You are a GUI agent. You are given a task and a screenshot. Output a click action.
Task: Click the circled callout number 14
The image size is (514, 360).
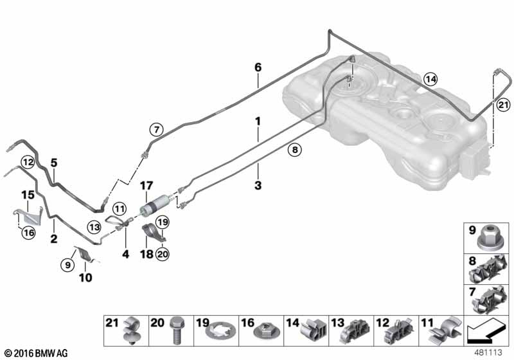coord(430,79)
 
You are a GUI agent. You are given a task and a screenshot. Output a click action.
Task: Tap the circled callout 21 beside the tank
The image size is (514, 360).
coord(503,105)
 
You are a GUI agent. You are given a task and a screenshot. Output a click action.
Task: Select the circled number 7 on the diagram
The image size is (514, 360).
coord(156,129)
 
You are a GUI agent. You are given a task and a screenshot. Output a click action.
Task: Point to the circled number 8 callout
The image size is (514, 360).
coord(295,150)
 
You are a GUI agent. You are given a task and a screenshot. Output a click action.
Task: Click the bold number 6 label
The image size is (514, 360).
coord(258,67)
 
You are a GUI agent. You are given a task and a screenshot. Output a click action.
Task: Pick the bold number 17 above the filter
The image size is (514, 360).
coord(146,186)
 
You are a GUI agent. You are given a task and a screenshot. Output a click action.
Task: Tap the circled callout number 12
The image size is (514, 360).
coord(28,162)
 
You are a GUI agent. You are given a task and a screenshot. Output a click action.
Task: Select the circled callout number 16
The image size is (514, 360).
coord(28,233)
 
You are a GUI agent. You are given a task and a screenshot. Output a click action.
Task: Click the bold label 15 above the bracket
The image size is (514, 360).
coord(28,195)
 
